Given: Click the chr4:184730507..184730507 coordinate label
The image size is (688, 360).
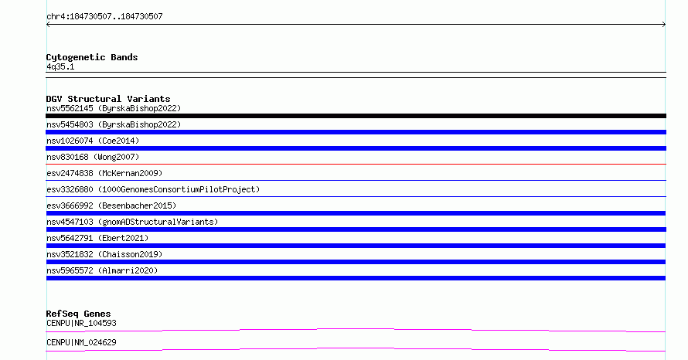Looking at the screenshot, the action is (104, 17).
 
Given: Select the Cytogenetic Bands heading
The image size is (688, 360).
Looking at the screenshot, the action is (92, 57).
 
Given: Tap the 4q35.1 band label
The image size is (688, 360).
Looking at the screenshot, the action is (60, 66).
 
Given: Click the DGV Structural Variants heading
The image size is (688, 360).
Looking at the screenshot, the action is (108, 99).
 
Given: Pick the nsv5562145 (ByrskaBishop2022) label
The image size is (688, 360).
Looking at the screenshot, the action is (114, 108).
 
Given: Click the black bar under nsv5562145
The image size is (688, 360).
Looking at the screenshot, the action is (356, 116).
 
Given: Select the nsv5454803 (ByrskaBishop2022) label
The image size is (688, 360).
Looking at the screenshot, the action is (114, 124).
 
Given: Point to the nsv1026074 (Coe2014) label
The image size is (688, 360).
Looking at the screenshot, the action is (93, 141).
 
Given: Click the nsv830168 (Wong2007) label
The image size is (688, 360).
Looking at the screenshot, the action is (93, 157).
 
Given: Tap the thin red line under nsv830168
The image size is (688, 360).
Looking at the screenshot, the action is (356, 164).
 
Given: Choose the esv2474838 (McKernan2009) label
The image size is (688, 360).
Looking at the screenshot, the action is (104, 173).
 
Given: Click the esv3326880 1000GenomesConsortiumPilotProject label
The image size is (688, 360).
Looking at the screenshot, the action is (153, 189).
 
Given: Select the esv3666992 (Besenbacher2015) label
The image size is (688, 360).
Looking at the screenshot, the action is (111, 205).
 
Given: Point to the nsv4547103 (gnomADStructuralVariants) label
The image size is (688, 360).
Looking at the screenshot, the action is (132, 222).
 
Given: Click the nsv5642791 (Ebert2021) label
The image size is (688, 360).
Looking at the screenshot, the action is (97, 238).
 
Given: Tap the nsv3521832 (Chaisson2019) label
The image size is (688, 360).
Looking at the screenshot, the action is (104, 254).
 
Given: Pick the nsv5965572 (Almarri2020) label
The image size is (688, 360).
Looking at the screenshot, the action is (102, 270).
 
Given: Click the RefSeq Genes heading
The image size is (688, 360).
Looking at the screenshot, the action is (79, 314).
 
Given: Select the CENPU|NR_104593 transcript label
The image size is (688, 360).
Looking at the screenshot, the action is (81, 323).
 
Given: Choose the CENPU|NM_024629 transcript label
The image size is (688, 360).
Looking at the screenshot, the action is (81, 342).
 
